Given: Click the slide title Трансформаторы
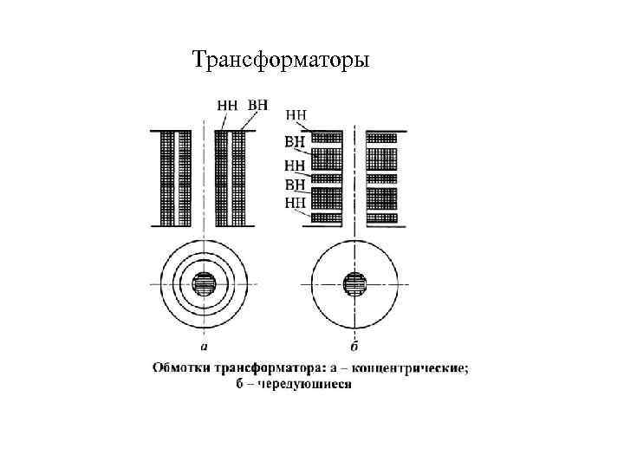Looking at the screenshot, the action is (x=281, y=61).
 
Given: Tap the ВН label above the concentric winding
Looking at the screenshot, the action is (x=257, y=105).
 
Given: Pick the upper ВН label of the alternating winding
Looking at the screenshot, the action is (x=295, y=140).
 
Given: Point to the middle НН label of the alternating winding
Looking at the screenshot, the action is (x=295, y=165).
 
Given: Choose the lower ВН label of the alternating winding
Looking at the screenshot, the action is (x=295, y=184).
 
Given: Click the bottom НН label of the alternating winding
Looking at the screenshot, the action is (x=295, y=205).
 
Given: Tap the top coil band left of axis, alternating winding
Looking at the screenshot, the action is (x=328, y=136).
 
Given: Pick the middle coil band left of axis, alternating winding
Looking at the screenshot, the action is (x=328, y=178).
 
